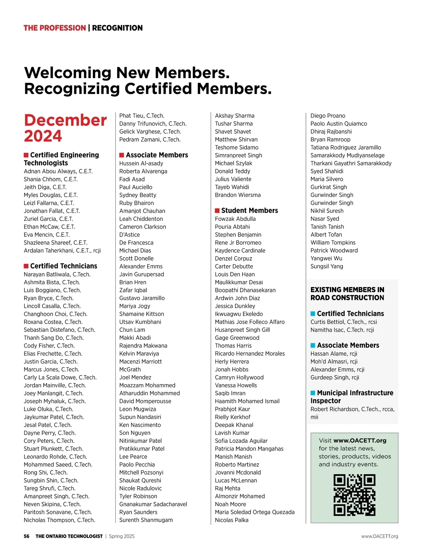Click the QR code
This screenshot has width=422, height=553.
point(354,495)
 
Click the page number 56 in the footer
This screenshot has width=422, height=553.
point(27,536)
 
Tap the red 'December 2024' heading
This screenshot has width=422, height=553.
point(65,128)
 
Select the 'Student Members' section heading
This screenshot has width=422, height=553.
point(249,210)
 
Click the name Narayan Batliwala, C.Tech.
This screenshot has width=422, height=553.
point(57,274)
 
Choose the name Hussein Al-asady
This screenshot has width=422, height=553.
point(141,163)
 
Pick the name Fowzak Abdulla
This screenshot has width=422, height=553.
point(235,219)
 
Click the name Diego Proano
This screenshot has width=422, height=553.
point(328,116)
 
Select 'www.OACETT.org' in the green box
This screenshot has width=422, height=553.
point(360,440)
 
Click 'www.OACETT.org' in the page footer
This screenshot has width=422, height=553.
point(379,536)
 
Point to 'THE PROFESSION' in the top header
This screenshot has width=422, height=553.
point(55,28)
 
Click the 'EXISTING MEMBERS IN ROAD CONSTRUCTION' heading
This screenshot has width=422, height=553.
point(347,294)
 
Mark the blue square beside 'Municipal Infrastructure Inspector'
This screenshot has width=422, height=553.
point(313,393)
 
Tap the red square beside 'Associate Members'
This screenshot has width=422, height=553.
point(122,155)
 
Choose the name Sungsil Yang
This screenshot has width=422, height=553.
point(327,266)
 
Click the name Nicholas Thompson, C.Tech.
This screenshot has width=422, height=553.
point(59,520)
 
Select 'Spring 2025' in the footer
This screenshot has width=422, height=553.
point(122,536)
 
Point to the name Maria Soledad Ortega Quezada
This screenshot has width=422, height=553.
point(255,512)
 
